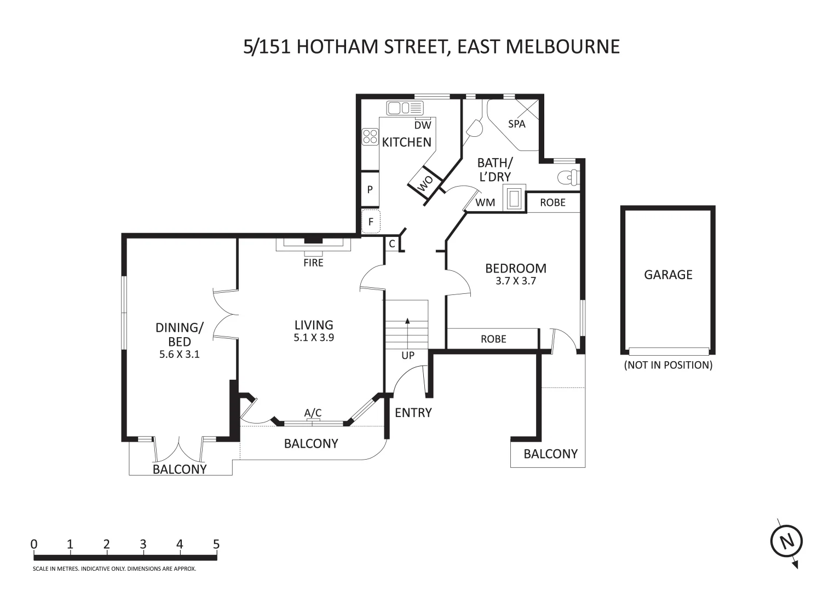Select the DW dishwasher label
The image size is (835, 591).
[x=423, y=125]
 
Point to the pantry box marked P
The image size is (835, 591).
[x=370, y=190]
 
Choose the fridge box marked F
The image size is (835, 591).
[x=371, y=222]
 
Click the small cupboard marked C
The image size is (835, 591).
[x=392, y=244]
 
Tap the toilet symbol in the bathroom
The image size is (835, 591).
[x=568, y=177]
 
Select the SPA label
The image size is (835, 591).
[x=516, y=124]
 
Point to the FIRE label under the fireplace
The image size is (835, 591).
[x=313, y=263]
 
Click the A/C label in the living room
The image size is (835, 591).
[x=313, y=413]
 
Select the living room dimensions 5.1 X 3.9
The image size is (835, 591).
[x=313, y=338]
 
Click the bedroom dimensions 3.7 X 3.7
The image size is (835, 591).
[x=515, y=281]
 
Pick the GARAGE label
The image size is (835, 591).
[x=667, y=275]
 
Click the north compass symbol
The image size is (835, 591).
[x=787, y=542]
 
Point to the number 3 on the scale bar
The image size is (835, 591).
[x=143, y=544]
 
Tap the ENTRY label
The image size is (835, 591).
[x=413, y=413]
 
